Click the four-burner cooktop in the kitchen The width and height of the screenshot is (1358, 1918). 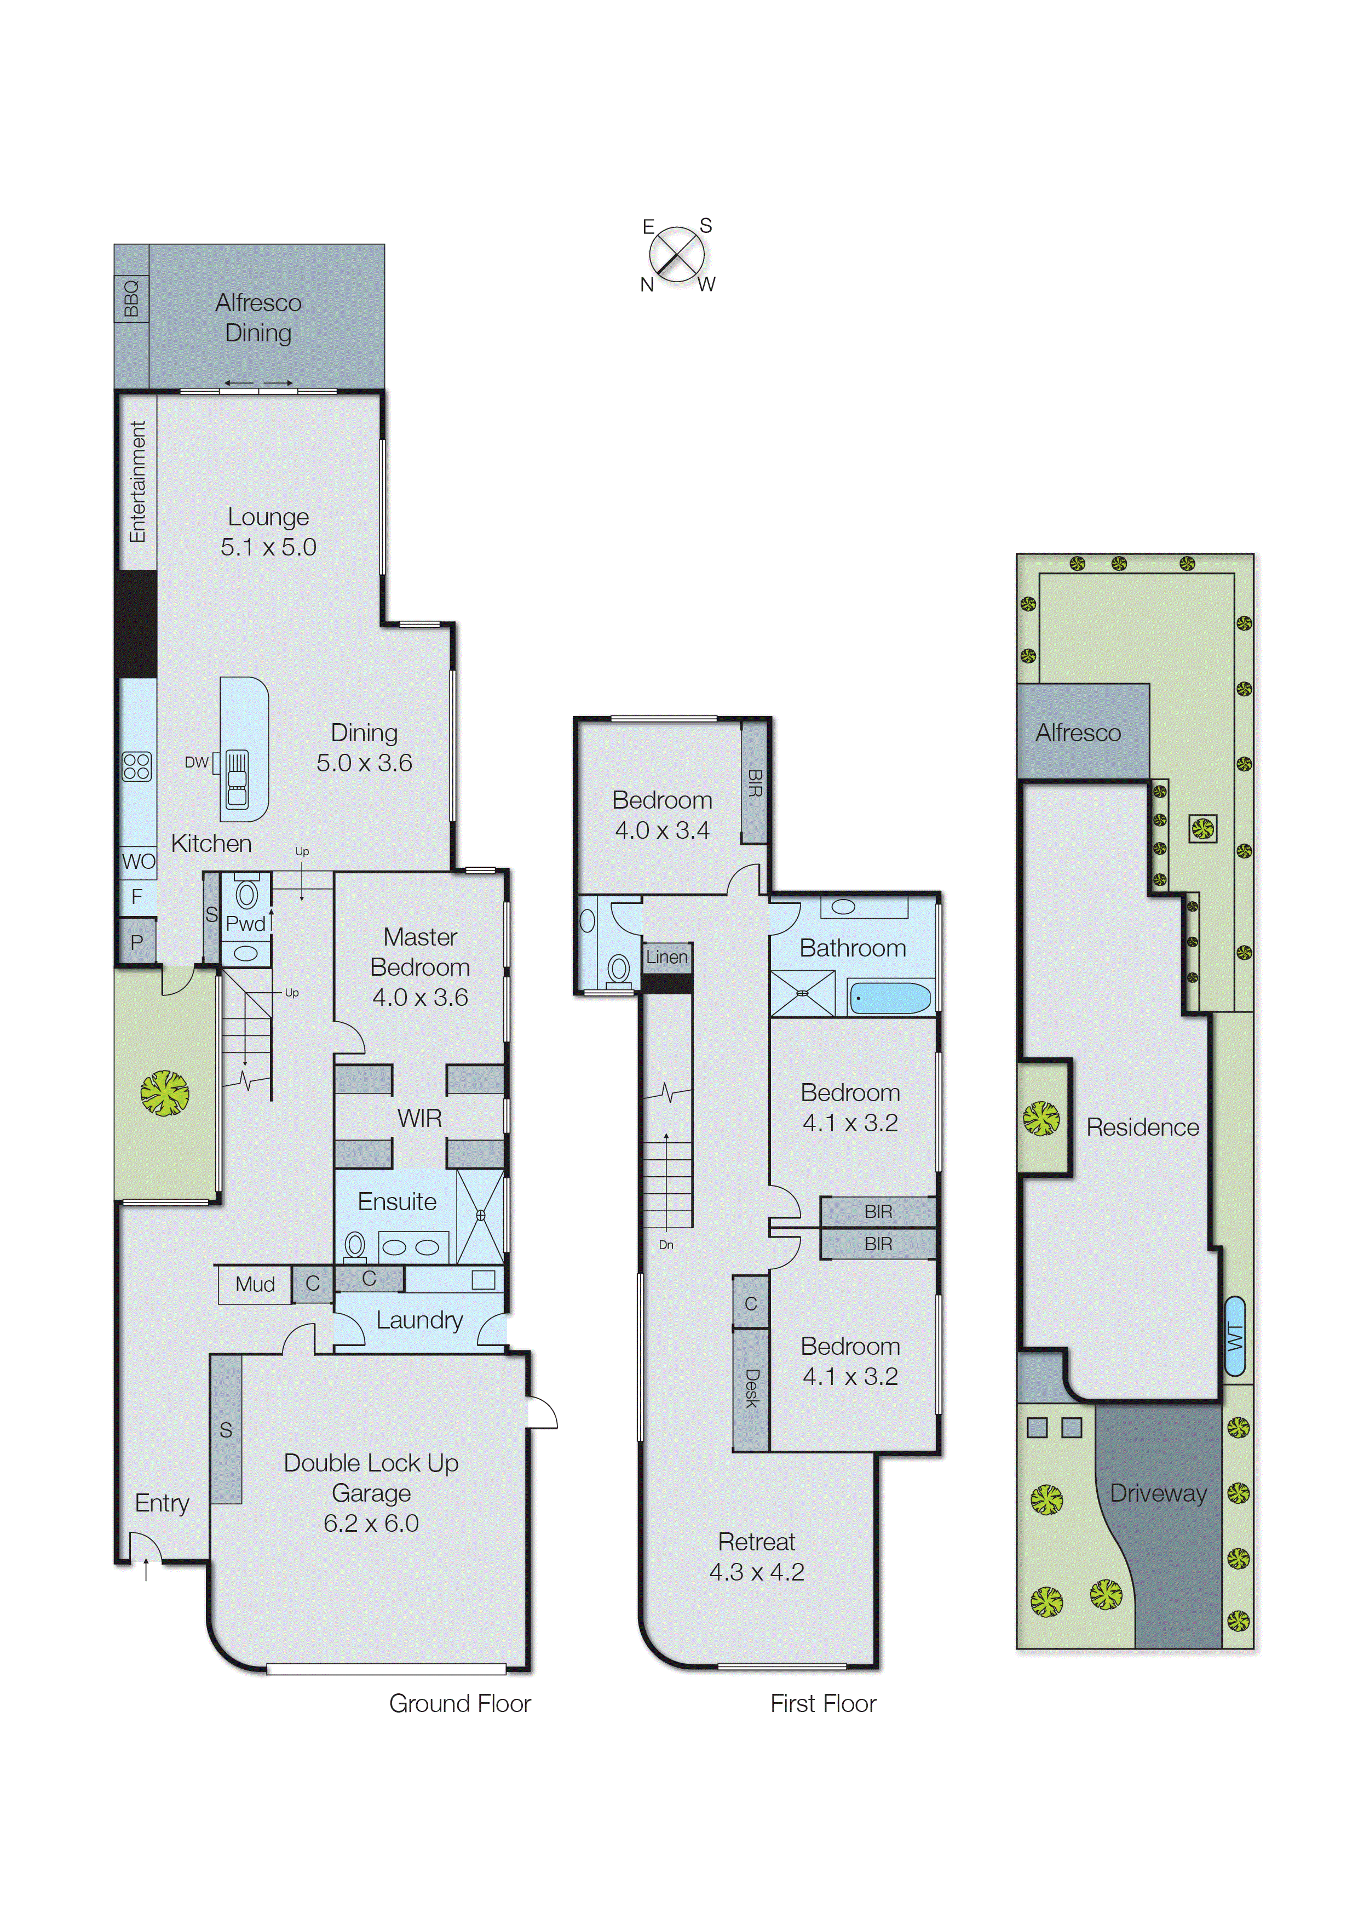136,766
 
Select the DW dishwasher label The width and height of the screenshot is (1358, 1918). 197,762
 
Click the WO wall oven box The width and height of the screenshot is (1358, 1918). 138,862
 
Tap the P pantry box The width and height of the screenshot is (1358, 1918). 136,942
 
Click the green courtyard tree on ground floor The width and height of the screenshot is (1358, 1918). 165,1093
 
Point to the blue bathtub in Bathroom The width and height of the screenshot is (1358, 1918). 890,998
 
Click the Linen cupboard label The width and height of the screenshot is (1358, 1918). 666,957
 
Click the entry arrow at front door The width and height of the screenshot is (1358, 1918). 146,1571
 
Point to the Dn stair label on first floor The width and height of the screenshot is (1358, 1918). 666,1245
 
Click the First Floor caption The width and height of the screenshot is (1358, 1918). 823,1704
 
